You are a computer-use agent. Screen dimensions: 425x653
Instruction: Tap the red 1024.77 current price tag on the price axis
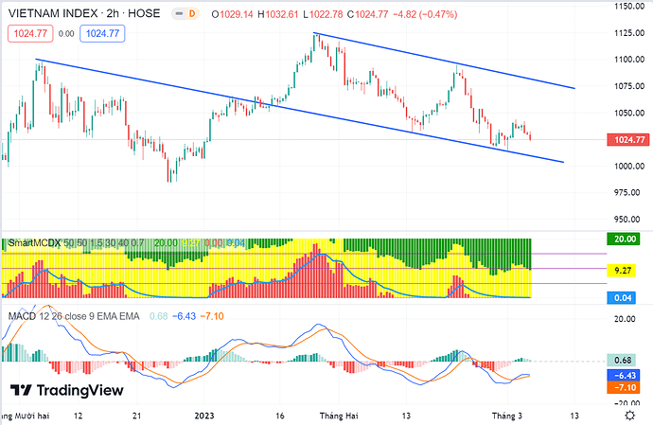pos(628,141)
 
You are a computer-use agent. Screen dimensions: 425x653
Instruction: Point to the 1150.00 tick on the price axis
pos(627,7)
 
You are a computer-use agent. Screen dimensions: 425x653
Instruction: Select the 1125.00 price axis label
pos(627,33)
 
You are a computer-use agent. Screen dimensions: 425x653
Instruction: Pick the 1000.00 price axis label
pos(627,167)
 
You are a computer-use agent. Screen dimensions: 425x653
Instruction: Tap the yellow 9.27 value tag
pos(623,270)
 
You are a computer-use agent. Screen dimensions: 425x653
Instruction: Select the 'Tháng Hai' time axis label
pos(338,415)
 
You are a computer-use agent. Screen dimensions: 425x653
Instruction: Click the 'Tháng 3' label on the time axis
pos(505,415)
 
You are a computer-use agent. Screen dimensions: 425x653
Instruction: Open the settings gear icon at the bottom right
pos(629,415)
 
